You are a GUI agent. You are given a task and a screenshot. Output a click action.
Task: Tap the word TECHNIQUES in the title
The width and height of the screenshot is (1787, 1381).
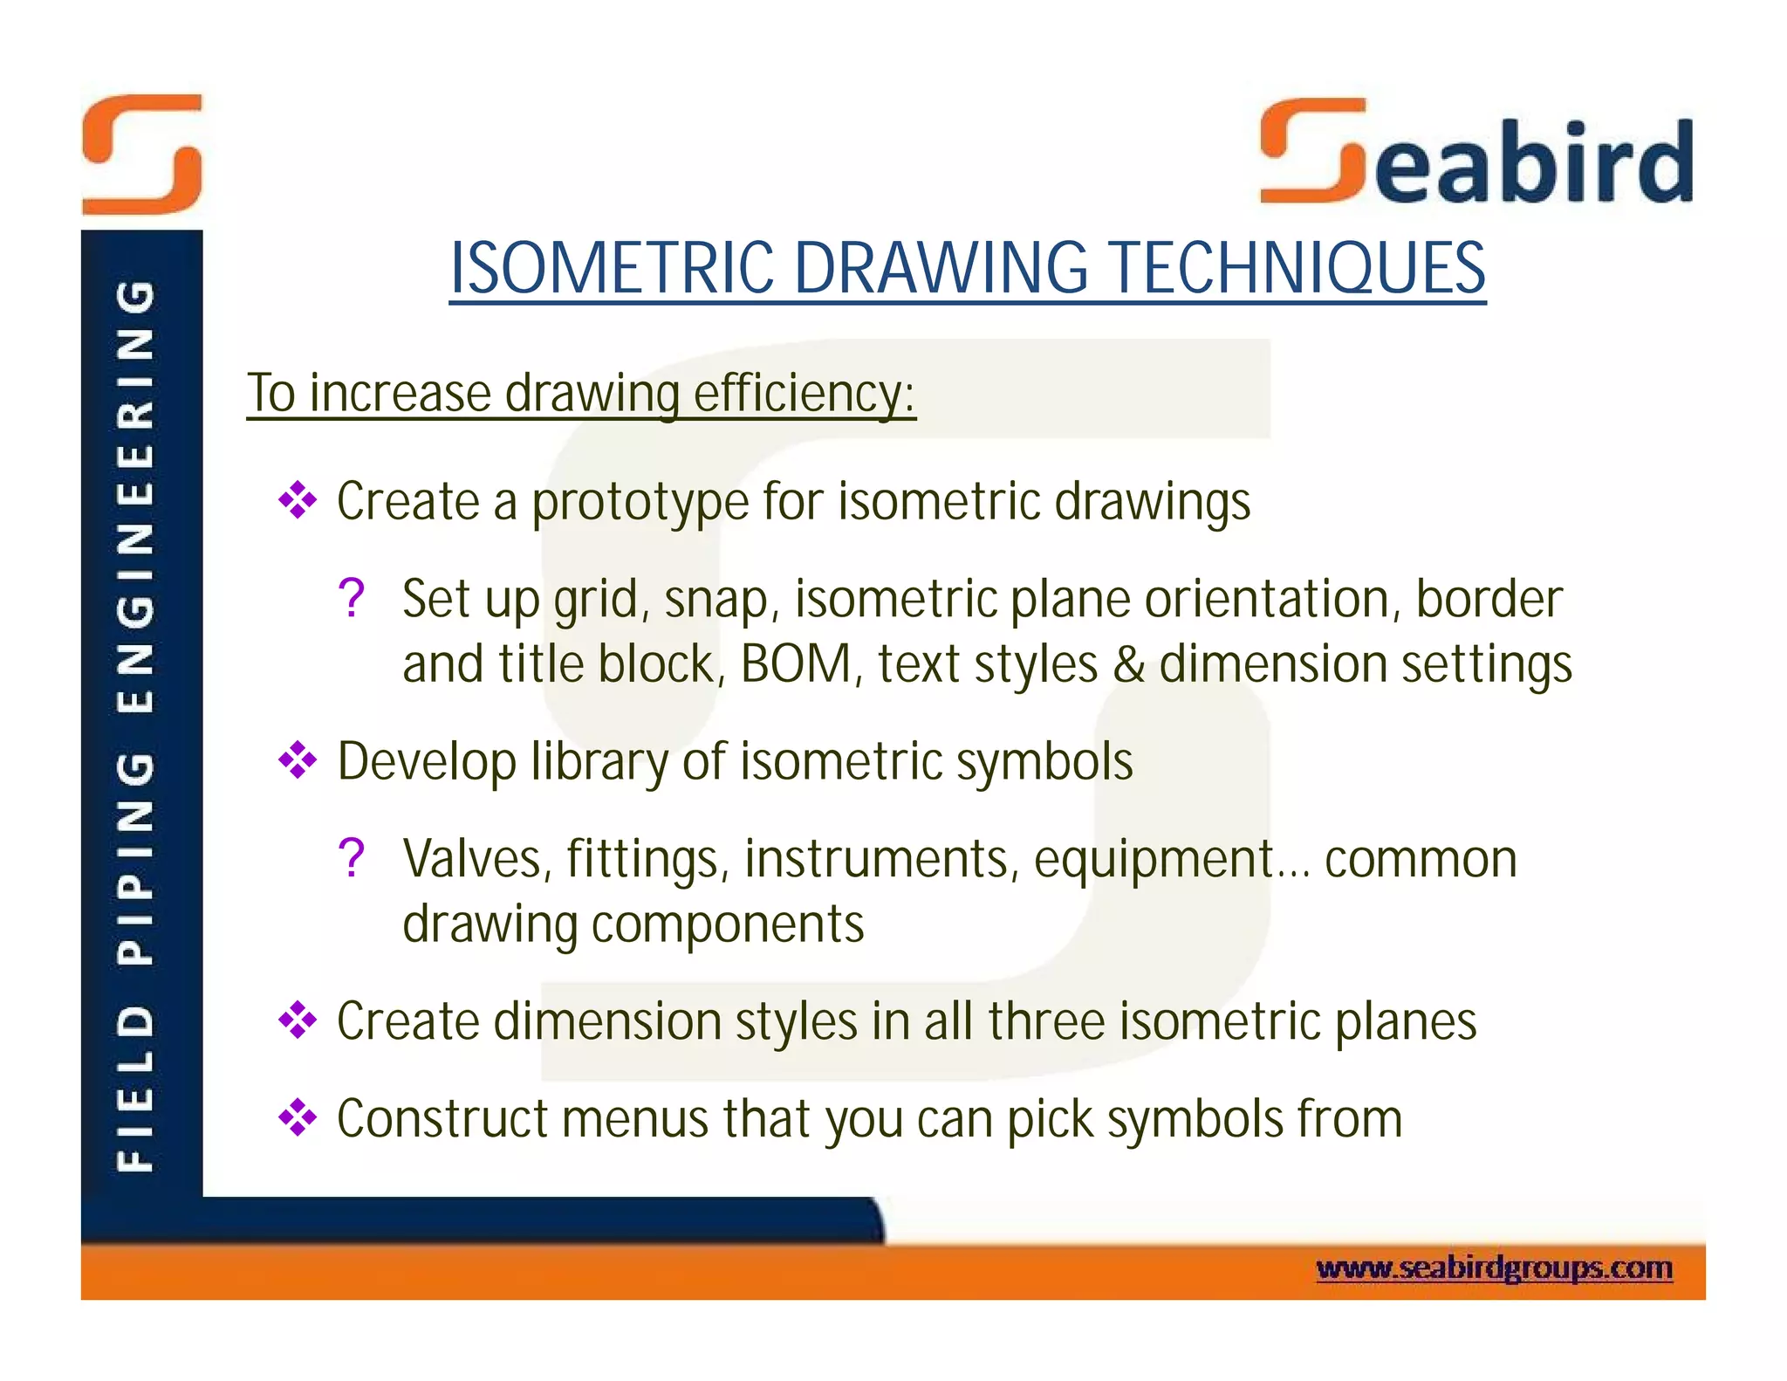(1297, 268)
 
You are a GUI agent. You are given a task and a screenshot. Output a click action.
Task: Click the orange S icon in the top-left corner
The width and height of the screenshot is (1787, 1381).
(142, 155)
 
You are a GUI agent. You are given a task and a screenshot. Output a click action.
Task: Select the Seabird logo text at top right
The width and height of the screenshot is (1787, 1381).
(1476, 155)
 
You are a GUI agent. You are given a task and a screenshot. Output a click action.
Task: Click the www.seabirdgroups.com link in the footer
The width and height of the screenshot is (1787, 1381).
(1494, 1268)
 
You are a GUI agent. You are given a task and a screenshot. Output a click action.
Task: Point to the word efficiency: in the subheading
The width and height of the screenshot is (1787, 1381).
(804, 394)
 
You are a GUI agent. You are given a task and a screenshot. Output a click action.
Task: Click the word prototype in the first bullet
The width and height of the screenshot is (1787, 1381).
(640, 503)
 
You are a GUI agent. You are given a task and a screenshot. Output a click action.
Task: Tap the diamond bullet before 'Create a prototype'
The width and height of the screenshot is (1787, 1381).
(298, 500)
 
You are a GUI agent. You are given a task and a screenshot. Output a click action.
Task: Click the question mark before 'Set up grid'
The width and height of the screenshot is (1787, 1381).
(351, 599)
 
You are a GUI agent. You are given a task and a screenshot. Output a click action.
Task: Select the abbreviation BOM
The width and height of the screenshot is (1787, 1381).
(796, 664)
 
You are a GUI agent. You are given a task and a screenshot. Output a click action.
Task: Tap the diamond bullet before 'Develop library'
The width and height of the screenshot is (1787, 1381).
(298, 759)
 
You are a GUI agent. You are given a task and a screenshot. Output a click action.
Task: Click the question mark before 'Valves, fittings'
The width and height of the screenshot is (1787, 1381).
(351, 858)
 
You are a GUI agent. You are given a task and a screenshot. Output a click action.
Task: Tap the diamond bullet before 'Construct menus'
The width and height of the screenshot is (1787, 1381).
(298, 1117)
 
